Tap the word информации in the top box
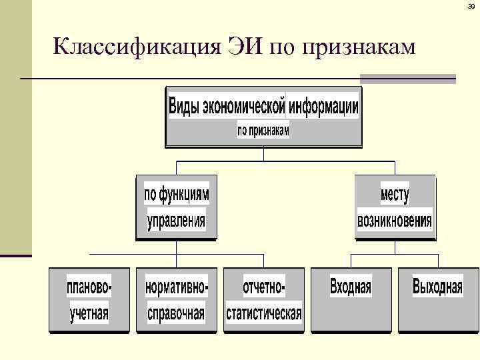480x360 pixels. pyautogui.click(x=323, y=107)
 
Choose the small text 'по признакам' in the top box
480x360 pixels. pyautogui.click(x=263, y=131)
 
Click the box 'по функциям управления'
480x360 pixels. pyautogui.click(x=176, y=207)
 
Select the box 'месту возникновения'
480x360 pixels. pyautogui.click(x=395, y=207)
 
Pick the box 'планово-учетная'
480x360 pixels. pyautogui.click(x=89, y=299)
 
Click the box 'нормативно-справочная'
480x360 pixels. pyautogui.click(x=176, y=299)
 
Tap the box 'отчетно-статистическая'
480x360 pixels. pyautogui.click(x=264, y=299)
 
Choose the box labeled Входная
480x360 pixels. pyautogui.click(x=351, y=299)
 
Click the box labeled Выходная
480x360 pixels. pyautogui.click(x=437, y=299)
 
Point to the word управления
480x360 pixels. pyautogui.click(x=176, y=220)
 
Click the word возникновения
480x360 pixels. pyautogui.click(x=395, y=220)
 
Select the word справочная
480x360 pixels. pyautogui.click(x=176, y=313)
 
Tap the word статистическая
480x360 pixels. pyautogui.click(x=264, y=313)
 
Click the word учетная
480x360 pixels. pyautogui.click(x=89, y=313)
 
